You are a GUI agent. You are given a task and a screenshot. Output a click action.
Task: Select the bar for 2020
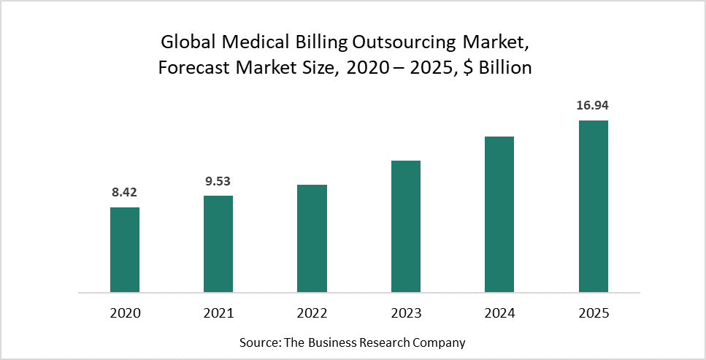tap(125, 250)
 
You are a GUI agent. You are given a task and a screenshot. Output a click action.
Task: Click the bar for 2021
tap(218, 244)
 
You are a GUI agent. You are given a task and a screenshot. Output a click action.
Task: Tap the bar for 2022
tap(312, 239)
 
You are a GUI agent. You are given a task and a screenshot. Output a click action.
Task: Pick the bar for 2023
tap(406, 226)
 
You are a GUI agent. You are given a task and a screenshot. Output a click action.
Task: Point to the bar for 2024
tap(499, 215)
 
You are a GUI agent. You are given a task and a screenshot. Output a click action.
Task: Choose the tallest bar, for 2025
tap(593, 207)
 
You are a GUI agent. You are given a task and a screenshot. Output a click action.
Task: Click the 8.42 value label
tap(124, 193)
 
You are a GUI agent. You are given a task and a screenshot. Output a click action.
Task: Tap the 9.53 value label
tap(218, 181)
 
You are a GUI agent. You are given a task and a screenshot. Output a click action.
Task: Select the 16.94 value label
tap(592, 106)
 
